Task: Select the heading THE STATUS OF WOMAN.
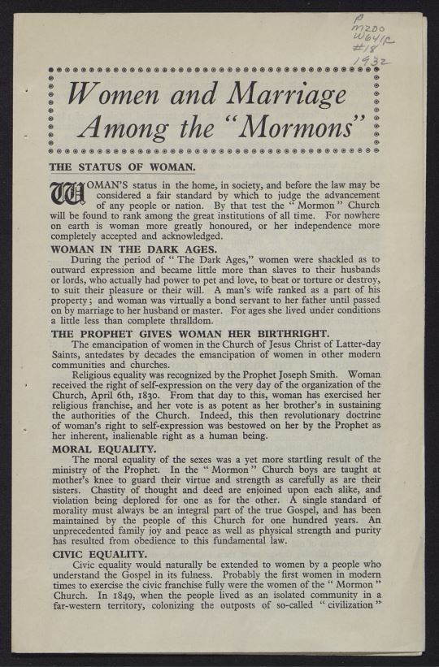(x=123, y=167)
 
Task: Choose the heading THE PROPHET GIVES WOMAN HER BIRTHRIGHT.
(x=188, y=333)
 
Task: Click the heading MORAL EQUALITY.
(x=103, y=448)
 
